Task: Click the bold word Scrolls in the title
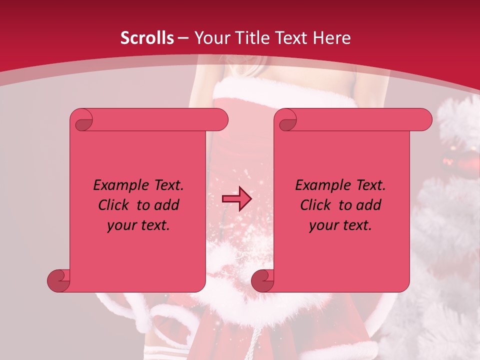(147, 38)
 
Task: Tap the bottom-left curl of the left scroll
(59, 280)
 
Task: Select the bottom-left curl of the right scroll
(263, 280)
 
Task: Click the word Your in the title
(211, 38)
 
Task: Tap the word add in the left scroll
(167, 205)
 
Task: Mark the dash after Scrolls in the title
(183, 38)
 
